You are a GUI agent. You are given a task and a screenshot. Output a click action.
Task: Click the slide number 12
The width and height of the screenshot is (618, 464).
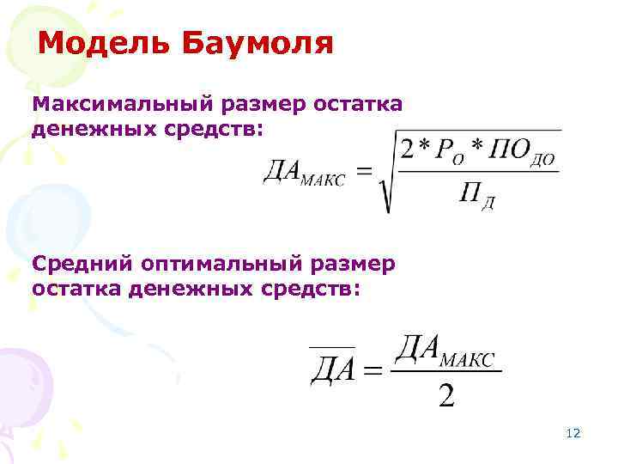pyautogui.click(x=573, y=433)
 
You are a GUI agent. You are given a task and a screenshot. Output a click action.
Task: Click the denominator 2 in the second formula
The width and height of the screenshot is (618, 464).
pyautogui.click(x=446, y=397)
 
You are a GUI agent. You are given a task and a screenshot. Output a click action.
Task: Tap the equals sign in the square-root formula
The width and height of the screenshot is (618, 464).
pyautogui.click(x=365, y=174)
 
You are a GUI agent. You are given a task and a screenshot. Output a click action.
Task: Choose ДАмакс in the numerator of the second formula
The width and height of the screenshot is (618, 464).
pyautogui.click(x=446, y=351)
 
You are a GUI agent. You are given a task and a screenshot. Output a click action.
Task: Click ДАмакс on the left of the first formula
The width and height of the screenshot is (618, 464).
pyautogui.click(x=304, y=175)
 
